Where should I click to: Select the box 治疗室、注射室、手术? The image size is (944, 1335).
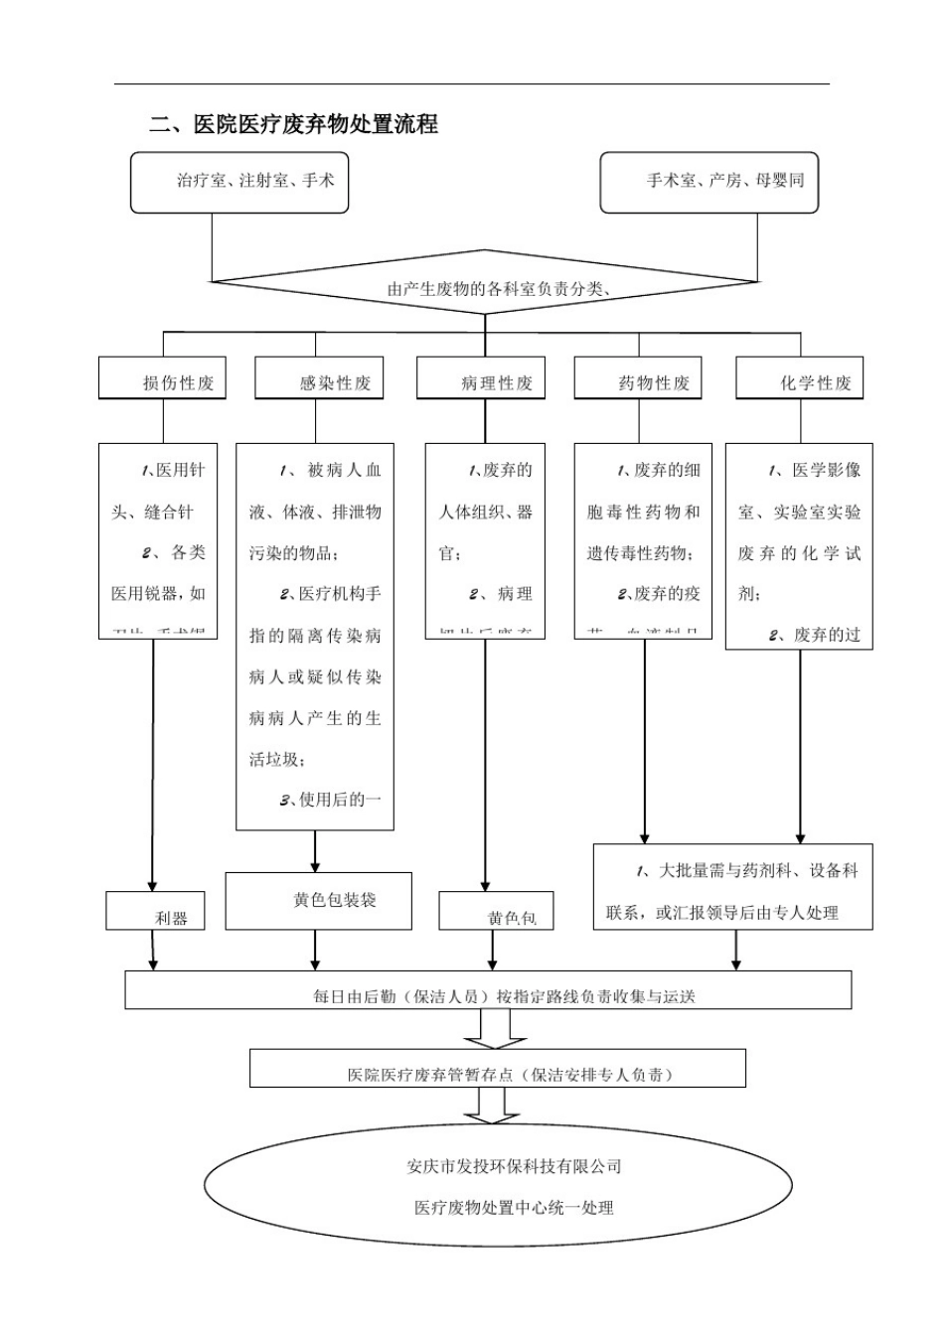point(239,181)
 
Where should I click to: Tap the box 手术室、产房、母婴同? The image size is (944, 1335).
point(708,181)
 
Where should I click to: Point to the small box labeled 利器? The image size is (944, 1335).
point(156,911)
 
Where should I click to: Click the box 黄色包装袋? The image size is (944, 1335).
point(319,900)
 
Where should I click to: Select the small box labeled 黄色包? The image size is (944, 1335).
point(496,911)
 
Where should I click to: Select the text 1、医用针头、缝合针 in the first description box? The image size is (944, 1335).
point(159,491)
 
